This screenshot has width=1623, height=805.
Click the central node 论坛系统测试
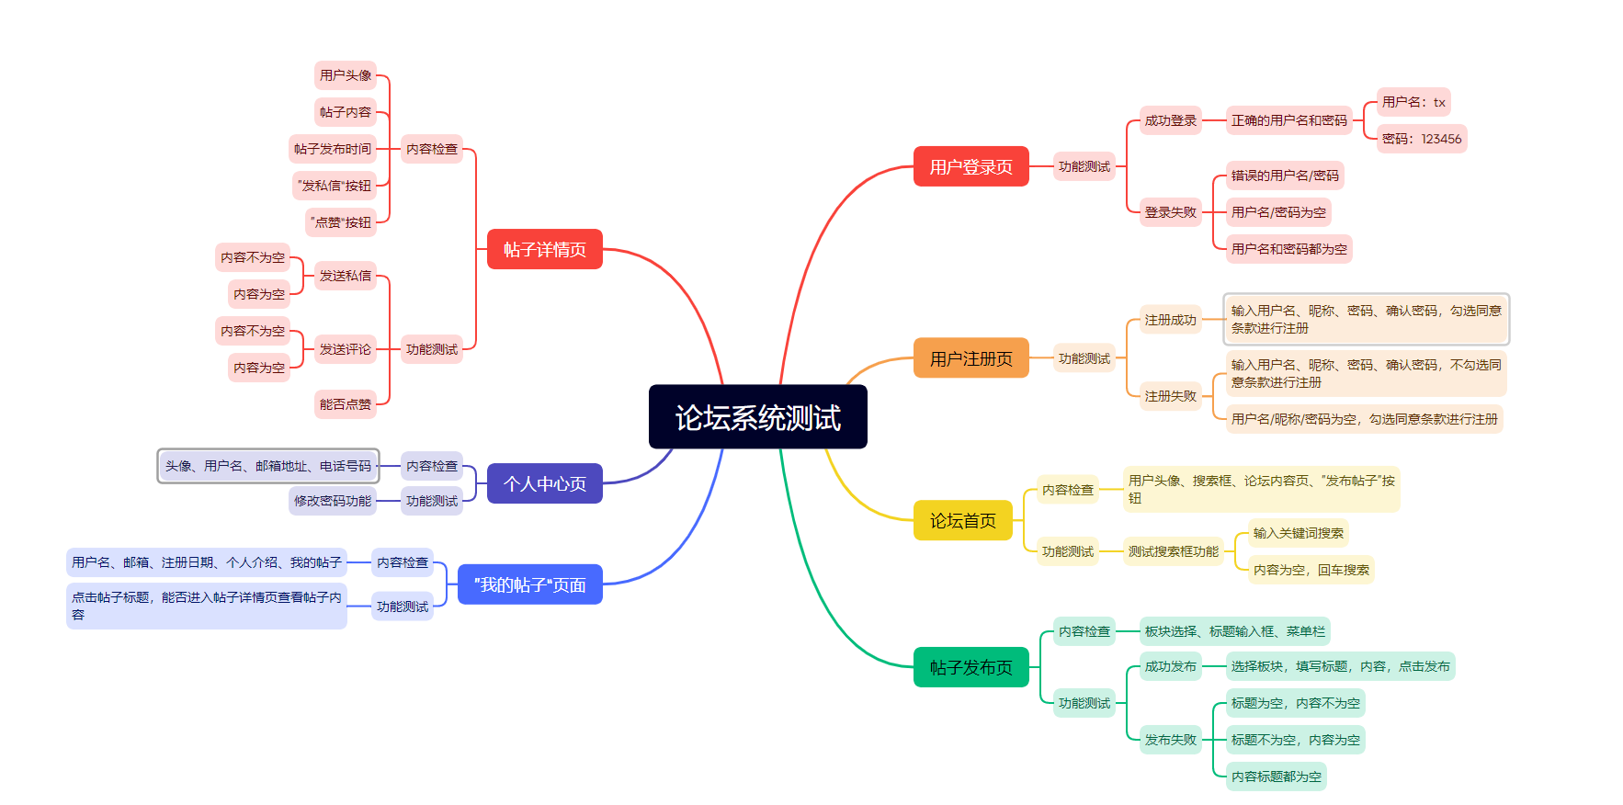[757, 417]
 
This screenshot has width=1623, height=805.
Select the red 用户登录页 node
[970, 166]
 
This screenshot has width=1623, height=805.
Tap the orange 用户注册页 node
[970, 358]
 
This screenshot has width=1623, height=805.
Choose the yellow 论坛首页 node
[962, 520]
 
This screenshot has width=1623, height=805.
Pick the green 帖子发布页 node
[970, 667]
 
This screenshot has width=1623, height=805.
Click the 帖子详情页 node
[544, 249]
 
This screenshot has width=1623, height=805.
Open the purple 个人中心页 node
[544, 483]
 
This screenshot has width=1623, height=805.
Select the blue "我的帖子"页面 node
[529, 584]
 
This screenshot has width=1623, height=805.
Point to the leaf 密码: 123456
[1421, 139]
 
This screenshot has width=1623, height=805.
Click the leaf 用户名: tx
[1413, 102]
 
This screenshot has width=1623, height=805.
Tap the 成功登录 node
[1170, 120]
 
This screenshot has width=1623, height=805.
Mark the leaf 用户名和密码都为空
[1288, 249]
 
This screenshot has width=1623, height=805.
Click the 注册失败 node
[1170, 396]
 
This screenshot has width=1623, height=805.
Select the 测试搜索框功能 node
[1173, 551]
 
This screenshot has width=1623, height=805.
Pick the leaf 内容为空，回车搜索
[1311, 570]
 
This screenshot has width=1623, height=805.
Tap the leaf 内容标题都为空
[1276, 777]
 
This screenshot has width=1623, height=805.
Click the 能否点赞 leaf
[346, 404]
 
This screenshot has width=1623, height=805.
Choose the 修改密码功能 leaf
[333, 501]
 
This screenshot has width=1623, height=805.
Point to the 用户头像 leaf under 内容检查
[346, 75]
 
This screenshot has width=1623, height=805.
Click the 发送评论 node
[346, 349]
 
